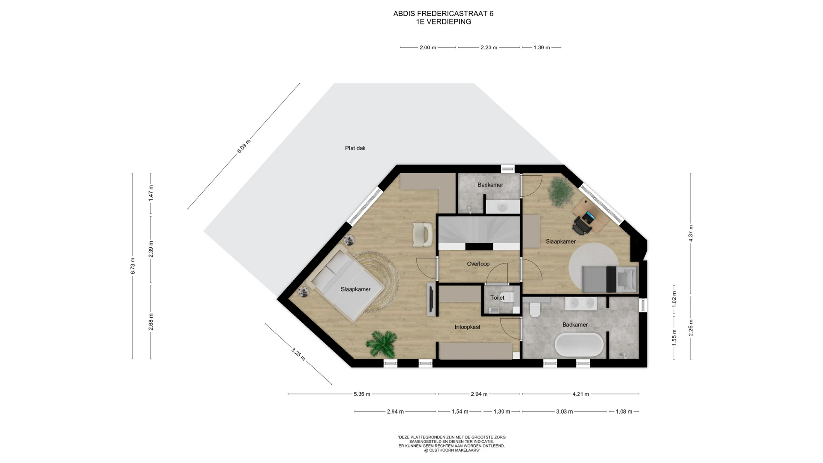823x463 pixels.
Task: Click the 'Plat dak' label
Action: point(355,148)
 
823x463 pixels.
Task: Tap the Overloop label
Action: point(478,264)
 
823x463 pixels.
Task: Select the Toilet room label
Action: point(497,298)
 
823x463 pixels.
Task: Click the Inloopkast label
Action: point(467,327)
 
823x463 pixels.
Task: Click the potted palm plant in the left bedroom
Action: point(381,344)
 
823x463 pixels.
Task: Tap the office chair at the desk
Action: point(582,225)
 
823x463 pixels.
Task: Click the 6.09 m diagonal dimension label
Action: point(243,146)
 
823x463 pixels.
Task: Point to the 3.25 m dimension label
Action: point(298,354)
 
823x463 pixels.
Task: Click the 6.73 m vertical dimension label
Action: point(132,266)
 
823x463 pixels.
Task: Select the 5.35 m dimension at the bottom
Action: point(362,394)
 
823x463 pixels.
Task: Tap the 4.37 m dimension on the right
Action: point(691,234)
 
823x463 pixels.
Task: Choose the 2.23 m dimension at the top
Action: point(489,48)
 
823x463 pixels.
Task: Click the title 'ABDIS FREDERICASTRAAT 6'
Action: point(443,14)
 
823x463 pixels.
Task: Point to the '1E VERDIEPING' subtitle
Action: point(443,22)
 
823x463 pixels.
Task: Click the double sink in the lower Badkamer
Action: point(580,304)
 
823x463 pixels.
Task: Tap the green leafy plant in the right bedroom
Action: point(561,192)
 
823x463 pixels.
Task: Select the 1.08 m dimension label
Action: point(624,412)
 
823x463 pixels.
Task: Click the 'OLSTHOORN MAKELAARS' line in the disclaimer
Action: point(452,451)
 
